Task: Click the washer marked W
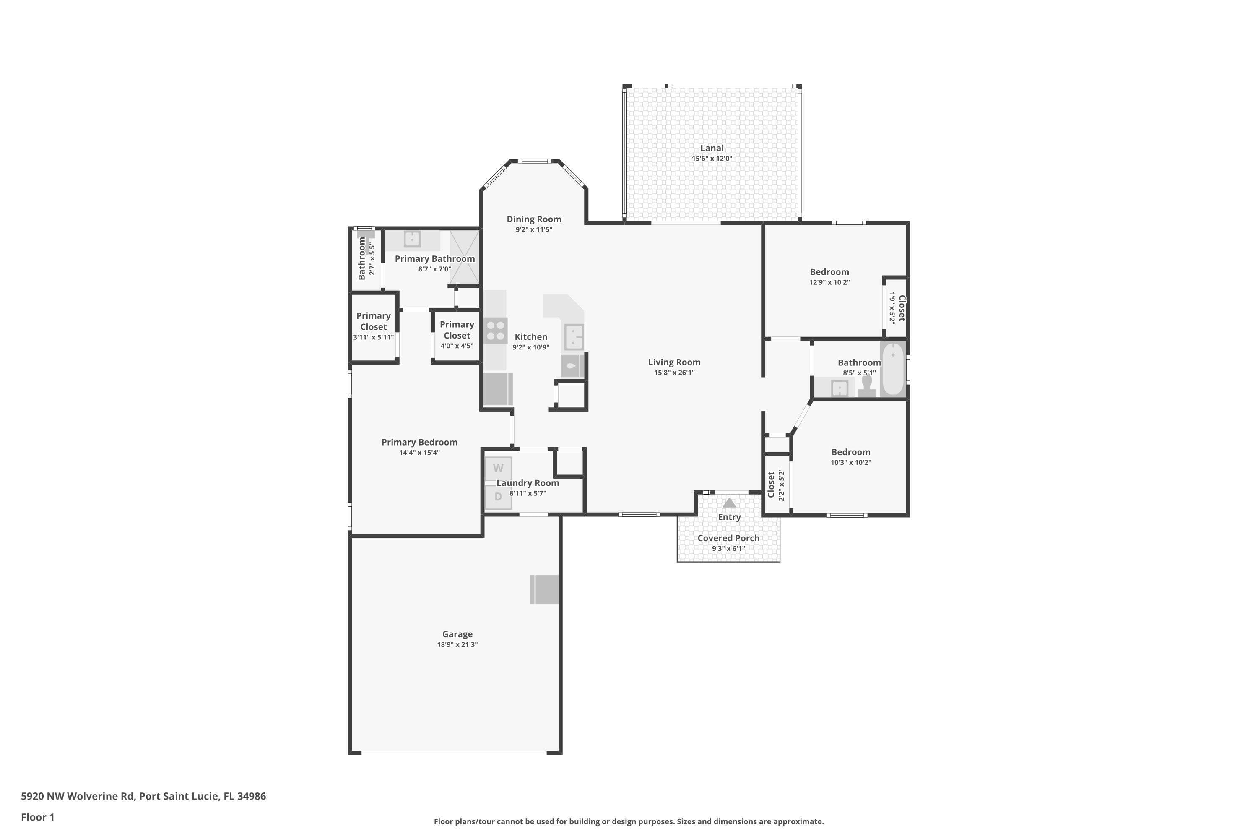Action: pos(498,468)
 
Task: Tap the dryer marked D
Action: pos(498,497)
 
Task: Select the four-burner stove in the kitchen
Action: pos(495,330)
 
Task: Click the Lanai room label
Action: pos(712,148)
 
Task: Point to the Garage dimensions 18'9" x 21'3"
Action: pos(457,645)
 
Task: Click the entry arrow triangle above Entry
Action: pos(730,503)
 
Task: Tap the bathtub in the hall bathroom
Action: pos(893,369)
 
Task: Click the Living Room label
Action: pos(674,362)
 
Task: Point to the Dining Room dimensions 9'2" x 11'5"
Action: pos(534,229)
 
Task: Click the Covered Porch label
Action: pos(728,538)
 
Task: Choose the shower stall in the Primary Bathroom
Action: pos(464,258)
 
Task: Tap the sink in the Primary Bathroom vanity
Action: pos(412,239)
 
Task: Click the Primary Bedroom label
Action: pos(419,443)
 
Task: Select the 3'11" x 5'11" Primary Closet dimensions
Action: pos(373,338)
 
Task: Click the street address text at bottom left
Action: pos(143,796)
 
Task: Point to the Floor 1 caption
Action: pos(37,817)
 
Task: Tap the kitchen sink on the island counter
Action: pos(574,337)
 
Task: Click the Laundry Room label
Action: pos(528,483)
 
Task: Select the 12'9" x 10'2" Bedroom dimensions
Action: pos(829,282)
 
